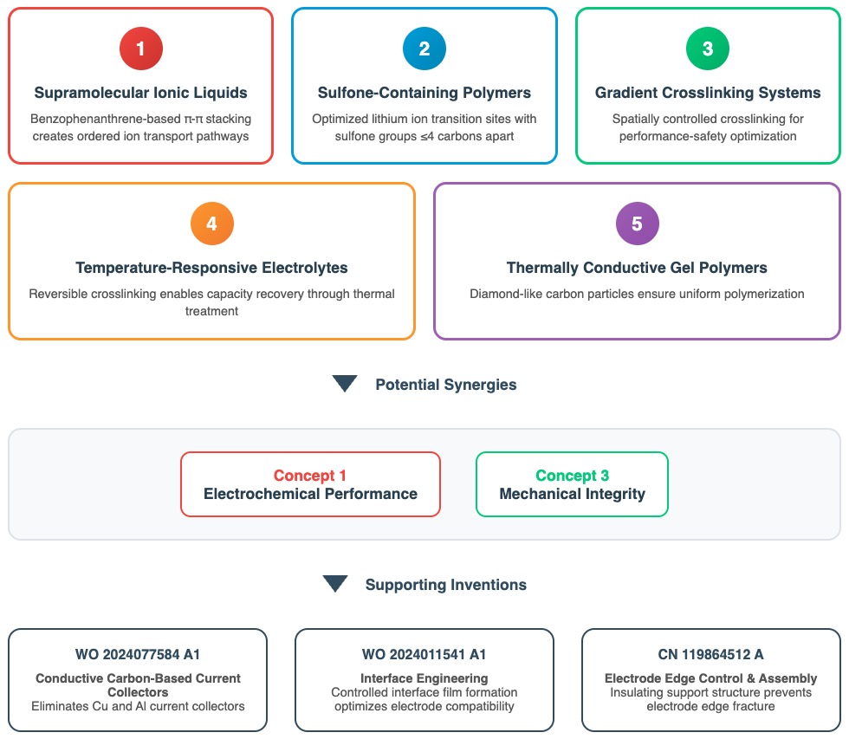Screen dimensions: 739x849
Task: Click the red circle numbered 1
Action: (141, 49)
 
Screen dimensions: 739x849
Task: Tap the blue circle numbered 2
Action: (424, 49)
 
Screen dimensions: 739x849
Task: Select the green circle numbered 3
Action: (708, 49)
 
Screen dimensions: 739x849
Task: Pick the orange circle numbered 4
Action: (212, 224)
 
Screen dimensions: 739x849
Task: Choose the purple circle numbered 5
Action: (637, 224)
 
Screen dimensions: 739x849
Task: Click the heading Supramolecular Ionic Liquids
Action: (141, 93)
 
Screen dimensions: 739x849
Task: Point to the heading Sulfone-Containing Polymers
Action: (424, 93)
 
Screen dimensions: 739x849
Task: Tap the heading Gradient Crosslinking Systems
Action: (708, 93)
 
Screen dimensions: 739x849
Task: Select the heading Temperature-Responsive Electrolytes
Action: (212, 268)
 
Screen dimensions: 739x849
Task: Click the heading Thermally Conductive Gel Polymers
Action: (637, 268)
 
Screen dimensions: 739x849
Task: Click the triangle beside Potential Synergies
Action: (345, 384)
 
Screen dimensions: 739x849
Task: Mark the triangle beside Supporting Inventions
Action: (335, 584)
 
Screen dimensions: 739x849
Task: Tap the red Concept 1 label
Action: (310, 476)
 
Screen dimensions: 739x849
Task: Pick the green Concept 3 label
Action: (572, 476)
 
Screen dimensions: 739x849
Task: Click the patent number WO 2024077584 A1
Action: (138, 655)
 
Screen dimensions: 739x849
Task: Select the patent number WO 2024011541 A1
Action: (424, 655)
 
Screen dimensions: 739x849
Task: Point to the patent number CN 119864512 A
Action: (710, 655)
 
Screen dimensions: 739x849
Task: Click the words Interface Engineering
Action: (424, 678)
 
